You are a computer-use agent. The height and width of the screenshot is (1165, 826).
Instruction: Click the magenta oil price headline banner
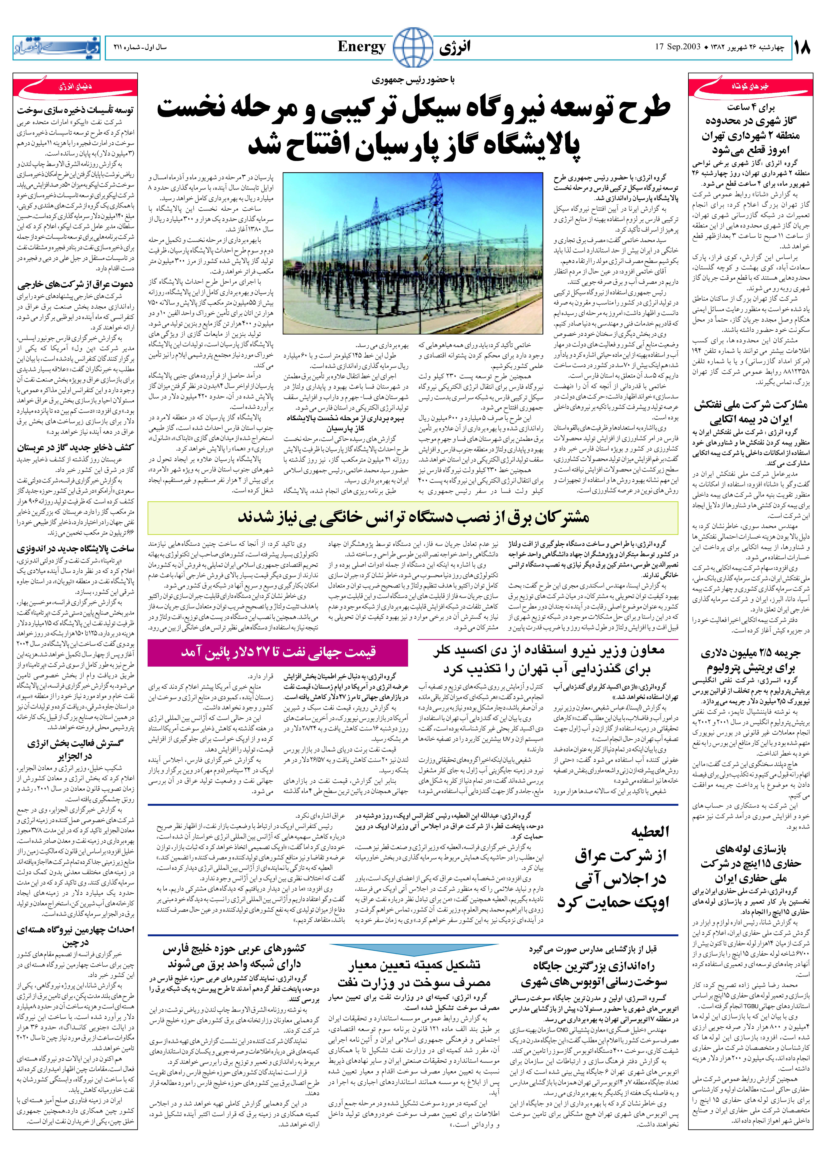(x=278, y=652)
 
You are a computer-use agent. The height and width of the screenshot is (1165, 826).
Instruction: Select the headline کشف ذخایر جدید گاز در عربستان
(x=75, y=448)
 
